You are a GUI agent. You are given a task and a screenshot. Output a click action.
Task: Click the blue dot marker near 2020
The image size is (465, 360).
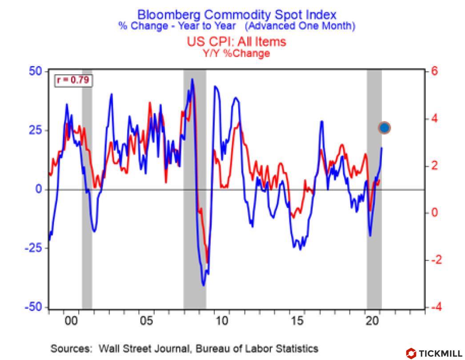click(385, 128)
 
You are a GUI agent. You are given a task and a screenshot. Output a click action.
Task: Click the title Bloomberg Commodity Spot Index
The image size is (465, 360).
click(237, 15)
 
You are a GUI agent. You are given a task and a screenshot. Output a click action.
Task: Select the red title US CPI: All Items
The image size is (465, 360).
click(236, 42)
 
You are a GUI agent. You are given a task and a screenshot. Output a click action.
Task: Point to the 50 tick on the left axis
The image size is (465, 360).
click(35, 71)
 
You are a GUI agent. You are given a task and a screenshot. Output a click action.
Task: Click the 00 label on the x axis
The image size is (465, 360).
click(71, 321)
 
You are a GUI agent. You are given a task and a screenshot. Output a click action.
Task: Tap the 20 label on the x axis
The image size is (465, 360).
click(372, 321)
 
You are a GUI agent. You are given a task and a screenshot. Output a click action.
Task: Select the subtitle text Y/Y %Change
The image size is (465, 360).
click(236, 54)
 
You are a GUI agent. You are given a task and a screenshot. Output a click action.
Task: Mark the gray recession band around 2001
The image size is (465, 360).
click(87, 189)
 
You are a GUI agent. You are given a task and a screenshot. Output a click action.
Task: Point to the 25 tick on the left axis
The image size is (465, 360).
click(35, 130)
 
